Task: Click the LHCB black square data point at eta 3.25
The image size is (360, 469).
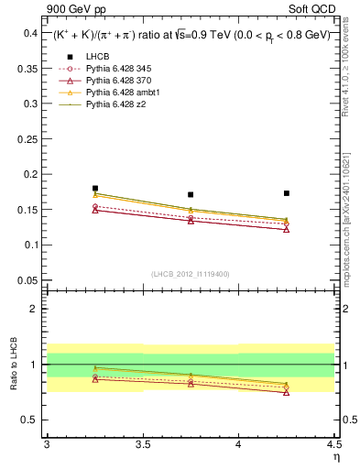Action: [95, 188]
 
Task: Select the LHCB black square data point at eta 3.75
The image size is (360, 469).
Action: [191, 194]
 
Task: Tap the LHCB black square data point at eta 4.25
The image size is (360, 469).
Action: [287, 193]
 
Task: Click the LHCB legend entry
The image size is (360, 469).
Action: [98, 57]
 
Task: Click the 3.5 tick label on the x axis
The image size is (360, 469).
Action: [143, 444]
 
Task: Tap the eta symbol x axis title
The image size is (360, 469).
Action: [334, 457]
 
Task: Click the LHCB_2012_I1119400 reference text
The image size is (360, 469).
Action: [191, 273]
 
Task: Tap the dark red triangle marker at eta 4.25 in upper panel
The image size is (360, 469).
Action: [287, 229]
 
